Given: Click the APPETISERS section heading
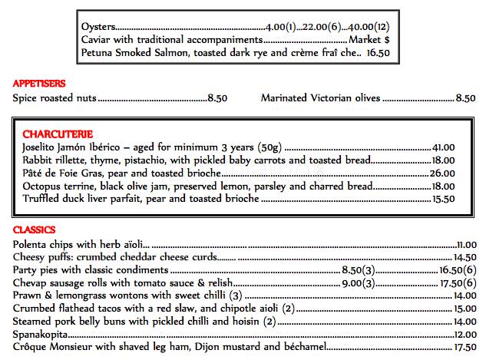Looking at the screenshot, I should tap(39, 83).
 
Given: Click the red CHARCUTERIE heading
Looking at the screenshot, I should tap(59, 133).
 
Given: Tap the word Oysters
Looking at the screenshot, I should tap(97, 27).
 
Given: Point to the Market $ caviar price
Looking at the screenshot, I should tap(370, 39).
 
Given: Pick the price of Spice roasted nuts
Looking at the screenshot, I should tap(217, 97).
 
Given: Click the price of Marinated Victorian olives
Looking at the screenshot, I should tap(465, 97).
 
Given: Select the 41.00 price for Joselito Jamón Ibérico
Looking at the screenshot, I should tap(445, 147).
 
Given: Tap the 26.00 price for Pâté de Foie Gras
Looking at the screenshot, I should tap(445, 173).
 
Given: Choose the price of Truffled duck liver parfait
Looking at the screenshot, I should tap(445, 199).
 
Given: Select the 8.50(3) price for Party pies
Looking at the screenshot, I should tap(357, 270).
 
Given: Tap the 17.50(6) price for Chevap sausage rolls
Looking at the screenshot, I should tap(459, 283).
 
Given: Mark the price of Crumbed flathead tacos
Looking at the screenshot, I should tap(466, 309).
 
